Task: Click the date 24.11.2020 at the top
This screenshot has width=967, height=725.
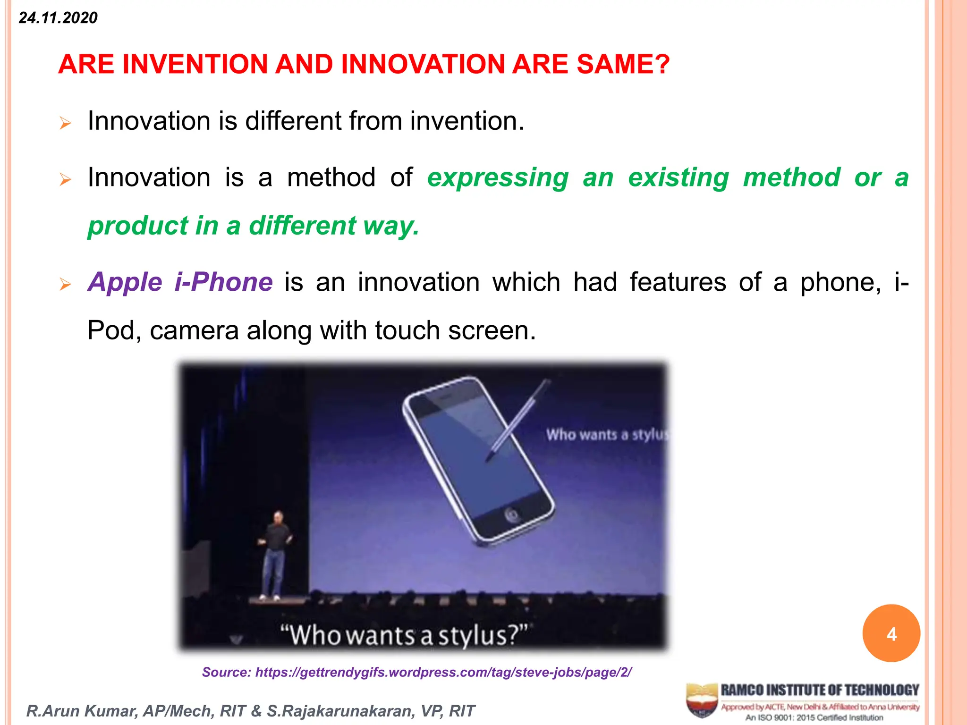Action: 58,18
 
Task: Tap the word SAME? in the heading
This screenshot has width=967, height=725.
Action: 623,64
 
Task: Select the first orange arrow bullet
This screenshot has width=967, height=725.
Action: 65,124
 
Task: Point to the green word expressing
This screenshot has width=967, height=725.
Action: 498,178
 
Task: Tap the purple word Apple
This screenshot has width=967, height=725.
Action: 125,282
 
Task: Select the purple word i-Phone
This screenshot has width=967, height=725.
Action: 223,282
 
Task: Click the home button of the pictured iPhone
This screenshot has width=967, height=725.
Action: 511,515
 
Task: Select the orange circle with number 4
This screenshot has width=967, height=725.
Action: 891,633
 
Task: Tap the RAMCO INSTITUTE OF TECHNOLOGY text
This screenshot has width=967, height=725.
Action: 820,690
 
